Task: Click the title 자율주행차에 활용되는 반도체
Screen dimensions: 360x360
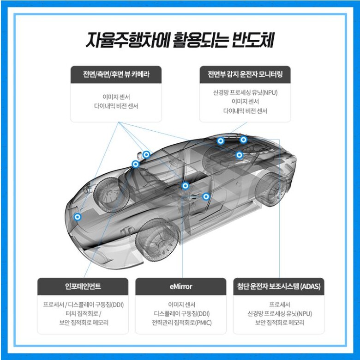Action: point(180,40)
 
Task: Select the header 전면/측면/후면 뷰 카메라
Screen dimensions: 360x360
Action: point(116,74)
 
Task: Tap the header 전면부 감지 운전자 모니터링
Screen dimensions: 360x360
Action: point(245,74)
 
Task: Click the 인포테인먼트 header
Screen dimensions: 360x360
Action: point(83,286)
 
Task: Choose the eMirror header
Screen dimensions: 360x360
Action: point(181,287)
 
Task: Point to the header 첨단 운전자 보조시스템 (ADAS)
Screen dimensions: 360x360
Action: point(279,286)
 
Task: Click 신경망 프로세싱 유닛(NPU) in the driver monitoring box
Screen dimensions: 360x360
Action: point(245,92)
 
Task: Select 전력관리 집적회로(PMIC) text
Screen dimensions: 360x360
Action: point(181,323)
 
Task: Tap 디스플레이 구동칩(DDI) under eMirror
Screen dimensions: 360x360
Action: point(181,314)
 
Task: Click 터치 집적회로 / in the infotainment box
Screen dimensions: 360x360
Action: point(84,313)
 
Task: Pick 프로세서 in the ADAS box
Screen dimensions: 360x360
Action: point(280,305)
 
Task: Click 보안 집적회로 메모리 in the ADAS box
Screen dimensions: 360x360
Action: point(280,323)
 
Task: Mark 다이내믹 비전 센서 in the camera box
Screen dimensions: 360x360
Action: point(116,106)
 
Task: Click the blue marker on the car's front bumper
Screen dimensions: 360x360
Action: point(78,217)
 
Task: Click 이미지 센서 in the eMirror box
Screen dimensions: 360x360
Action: point(181,305)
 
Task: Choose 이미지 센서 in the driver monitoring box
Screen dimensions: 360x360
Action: point(245,101)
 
